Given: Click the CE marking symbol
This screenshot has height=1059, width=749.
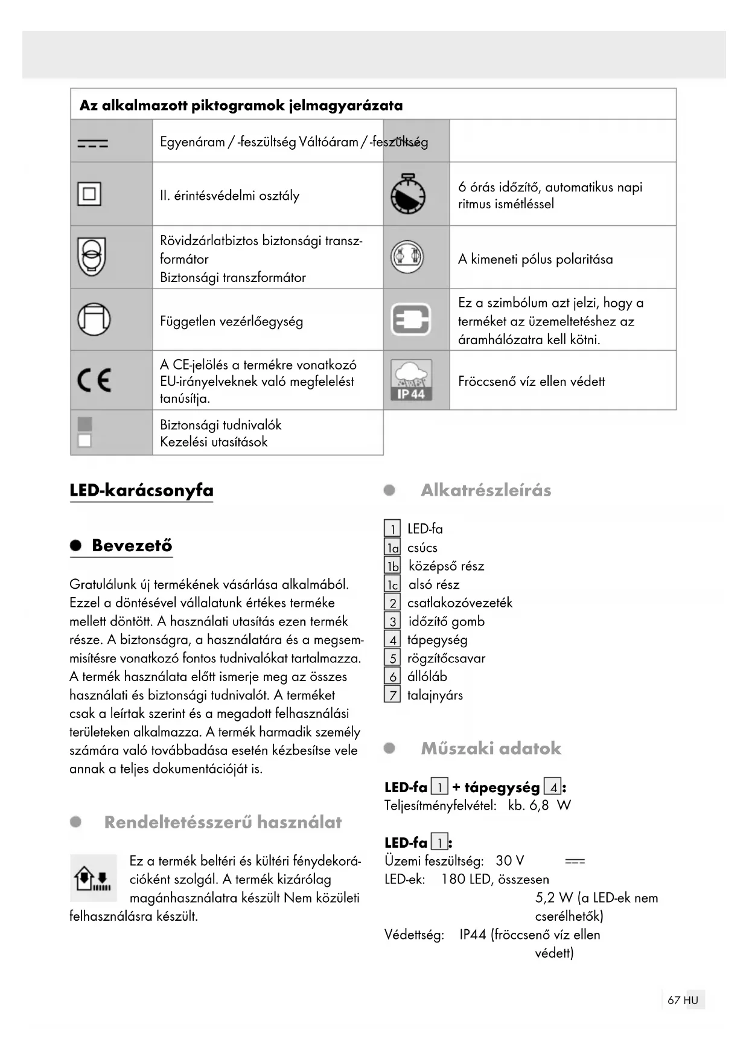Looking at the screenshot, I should click(x=94, y=380).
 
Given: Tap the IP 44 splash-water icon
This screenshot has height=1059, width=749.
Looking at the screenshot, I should click(x=411, y=380).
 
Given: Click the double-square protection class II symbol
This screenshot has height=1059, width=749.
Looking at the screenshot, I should click(x=89, y=194).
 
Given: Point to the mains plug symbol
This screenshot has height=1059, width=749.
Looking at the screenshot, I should click(x=411, y=319).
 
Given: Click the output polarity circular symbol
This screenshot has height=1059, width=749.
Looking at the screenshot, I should click(x=407, y=257).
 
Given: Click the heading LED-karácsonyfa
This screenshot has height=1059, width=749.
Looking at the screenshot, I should click(x=141, y=490).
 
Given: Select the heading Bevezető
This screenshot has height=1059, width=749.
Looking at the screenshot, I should click(x=132, y=545).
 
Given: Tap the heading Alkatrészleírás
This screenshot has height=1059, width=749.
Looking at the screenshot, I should click(x=486, y=490).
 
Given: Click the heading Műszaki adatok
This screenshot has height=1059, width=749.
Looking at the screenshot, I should click(x=491, y=748).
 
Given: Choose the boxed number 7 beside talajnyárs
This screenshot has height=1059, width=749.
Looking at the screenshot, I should click(x=392, y=695).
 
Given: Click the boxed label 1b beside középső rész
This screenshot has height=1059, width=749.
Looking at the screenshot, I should click(x=392, y=566).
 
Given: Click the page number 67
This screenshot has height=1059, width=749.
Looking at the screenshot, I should click(x=674, y=1000).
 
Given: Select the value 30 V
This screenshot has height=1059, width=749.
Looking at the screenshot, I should click(x=509, y=860).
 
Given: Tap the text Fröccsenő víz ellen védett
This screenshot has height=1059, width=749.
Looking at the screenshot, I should click(x=531, y=381).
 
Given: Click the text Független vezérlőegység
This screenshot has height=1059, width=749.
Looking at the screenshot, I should click(x=231, y=321).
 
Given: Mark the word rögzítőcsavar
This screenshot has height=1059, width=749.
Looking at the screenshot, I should click(x=446, y=658).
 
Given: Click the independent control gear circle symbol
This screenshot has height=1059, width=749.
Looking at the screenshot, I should click(x=94, y=319).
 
